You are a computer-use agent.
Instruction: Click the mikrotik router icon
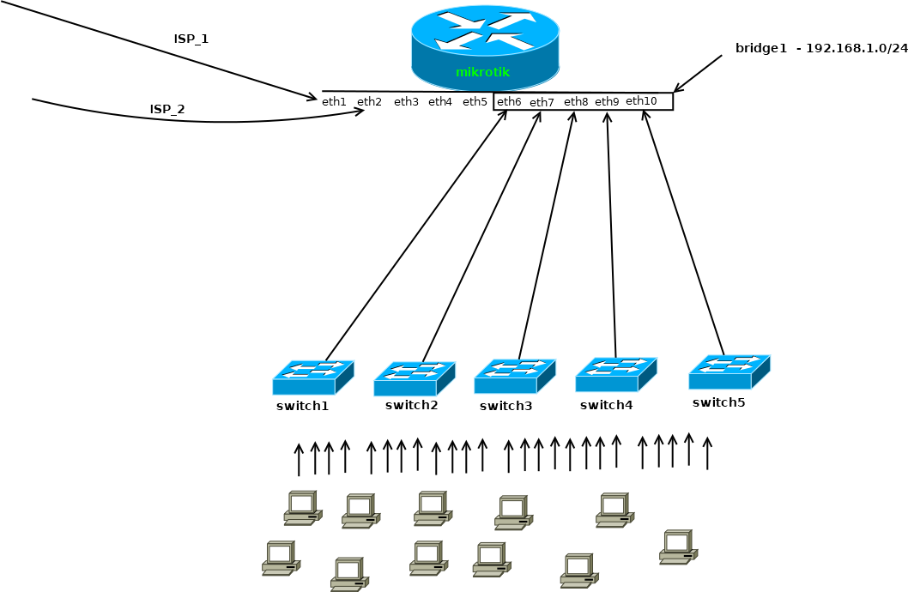(x=485, y=43)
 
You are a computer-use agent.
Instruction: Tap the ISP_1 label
(x=191, y=39)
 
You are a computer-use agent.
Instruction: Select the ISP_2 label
(x=167, y=109)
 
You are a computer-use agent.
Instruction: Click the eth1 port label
(x=334, y=102)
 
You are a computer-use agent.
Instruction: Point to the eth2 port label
(x=369, y=102)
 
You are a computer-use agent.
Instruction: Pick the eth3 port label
(x=406, y=102)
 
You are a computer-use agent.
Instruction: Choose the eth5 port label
(x=475, y=102)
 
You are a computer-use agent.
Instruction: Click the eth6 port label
(x=509, y=102)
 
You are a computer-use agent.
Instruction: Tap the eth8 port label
(x=576, y=102)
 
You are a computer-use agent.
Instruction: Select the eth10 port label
(x=641, y=101)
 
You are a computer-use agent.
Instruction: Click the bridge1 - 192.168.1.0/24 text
(x=821, y=48)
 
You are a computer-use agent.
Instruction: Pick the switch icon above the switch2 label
(x=414, y=379)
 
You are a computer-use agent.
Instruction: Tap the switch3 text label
(x=505, y=406)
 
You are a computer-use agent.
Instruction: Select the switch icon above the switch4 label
(x=615, y=374)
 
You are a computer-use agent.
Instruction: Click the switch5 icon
(x=729, y=372)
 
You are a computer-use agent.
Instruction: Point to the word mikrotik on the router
(x=482, y=72)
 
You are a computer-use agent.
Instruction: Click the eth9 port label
(x=607, y=102)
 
